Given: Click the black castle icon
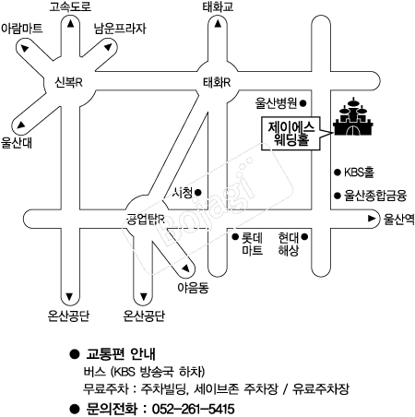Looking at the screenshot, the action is (x=353, y=117).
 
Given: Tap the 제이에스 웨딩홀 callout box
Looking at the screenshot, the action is (x=290, y=134).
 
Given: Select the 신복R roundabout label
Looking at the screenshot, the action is (x=68, y=82).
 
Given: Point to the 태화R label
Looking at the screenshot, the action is (x=217, y=82).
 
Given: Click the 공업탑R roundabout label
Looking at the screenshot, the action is (x=146, y=219).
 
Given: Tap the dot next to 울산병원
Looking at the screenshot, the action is (x=302, y=103).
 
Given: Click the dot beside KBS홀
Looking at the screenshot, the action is (x=338, y=173).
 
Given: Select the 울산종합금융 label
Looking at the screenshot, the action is (x=375, y=196).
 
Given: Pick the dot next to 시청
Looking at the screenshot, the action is (x=198, y=193).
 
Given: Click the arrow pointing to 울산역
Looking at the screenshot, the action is (x=372, y=219).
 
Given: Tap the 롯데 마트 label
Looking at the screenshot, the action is (x=252, y=244).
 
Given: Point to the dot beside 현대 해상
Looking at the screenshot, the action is (x=304, y=237).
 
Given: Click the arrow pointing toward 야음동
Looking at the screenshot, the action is (x=185, y=268).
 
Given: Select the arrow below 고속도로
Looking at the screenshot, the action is (x=71, y=23).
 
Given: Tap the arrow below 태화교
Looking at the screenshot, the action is (x=218, y=23).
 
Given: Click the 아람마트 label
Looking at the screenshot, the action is (x=22, y=29).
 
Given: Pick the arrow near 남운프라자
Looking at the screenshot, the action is (x=108, y=47).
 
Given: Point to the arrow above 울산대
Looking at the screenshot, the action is (x=20, y=125).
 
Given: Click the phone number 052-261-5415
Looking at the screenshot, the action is (x=194, y=409).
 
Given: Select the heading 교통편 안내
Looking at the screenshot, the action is (x=121, y=354).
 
